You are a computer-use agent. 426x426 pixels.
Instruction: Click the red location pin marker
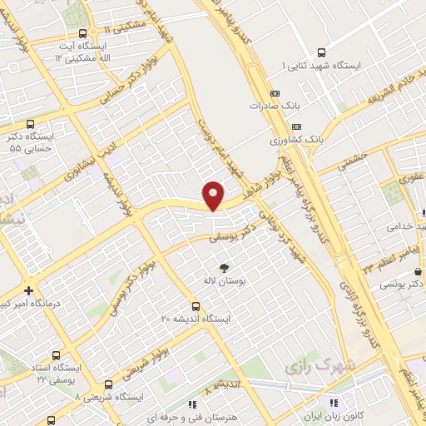214,195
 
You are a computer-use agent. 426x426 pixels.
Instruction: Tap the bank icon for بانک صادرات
275,93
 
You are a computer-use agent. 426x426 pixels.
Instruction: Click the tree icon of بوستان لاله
221,267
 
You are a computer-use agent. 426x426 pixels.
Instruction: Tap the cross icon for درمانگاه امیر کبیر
29,291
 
